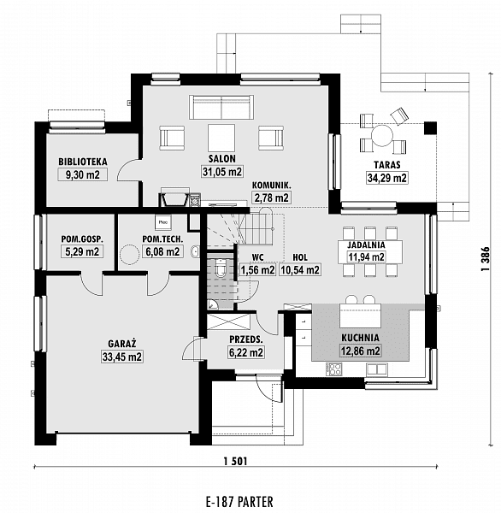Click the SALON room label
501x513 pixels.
[222, 159]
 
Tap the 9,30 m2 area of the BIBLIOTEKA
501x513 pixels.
[83, 174]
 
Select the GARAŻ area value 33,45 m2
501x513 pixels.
[122, 357]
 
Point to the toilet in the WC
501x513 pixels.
[221, 268]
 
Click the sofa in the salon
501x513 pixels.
[221, 107]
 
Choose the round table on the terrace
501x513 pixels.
[382, 135]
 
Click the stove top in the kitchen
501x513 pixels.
[333, 369]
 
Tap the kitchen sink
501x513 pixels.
[377, 369]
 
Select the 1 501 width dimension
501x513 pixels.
[236, 462]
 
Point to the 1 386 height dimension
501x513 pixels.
[485, 258]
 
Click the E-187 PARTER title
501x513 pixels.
[239, 501]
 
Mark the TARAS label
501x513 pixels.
[387, 164]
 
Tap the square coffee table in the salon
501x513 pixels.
[221, 137]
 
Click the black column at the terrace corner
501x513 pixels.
[430, 128]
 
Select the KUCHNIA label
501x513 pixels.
[360, 338]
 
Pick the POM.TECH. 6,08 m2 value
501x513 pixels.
[162, 251]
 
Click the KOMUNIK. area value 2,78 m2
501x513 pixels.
[271, 198]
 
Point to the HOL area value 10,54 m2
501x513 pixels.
[299, 269]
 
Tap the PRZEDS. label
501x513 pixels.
[245, 339]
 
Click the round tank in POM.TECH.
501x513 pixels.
[130, 254]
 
